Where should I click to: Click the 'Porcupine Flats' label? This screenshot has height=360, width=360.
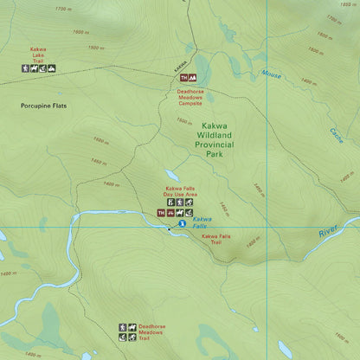pos(43,106)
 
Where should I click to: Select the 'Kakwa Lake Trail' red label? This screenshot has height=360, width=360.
pos(39,55)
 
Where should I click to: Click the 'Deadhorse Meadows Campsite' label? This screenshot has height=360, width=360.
pos(190,93)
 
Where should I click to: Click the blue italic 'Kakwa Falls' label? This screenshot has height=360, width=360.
pos(201,222)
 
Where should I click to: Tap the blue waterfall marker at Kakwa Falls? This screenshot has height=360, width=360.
pos(182,224)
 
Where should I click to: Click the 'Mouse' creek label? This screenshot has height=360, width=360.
pos(272,74)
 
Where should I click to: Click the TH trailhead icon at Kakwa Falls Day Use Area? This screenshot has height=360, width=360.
pos(161,212)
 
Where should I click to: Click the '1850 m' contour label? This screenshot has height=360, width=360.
pos(344,4)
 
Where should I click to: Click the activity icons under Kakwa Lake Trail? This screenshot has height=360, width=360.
pos(39,68)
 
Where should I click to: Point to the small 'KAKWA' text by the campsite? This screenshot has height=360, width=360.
pos(180,66)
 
